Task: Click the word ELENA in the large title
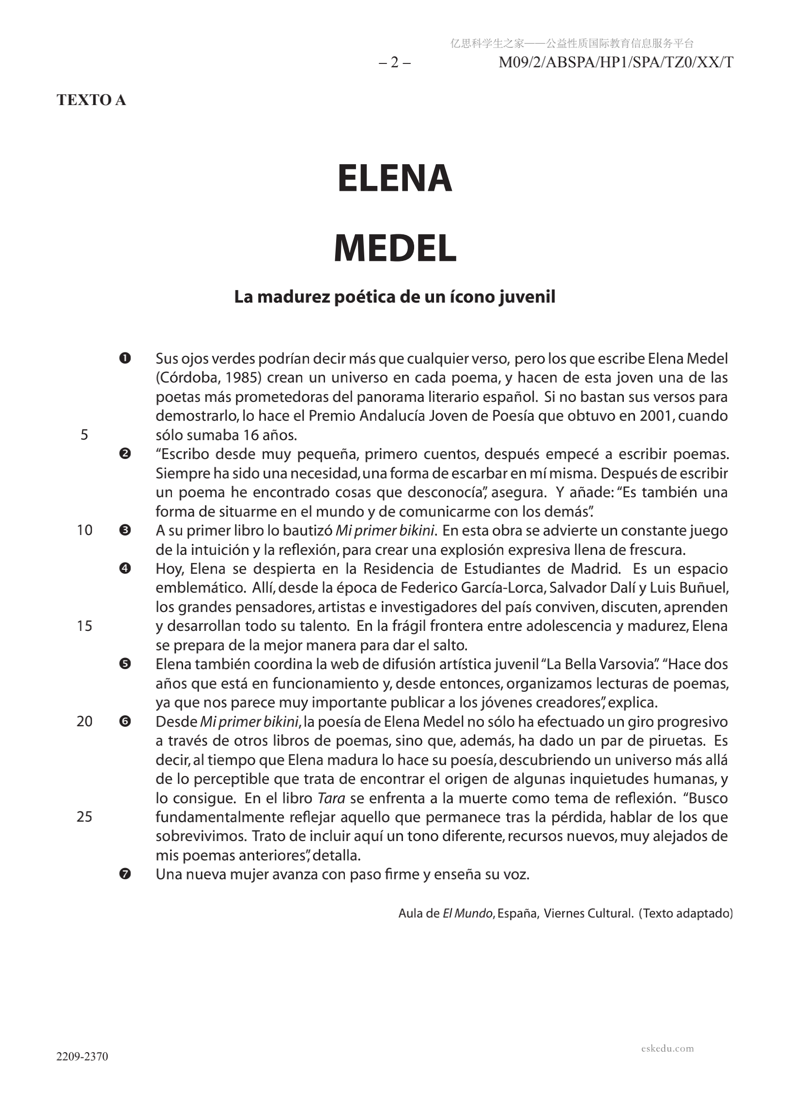coord(394,179)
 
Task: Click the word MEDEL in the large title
coord(395,248)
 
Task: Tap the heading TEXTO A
coord(92,100)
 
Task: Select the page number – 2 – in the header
coord(394,63)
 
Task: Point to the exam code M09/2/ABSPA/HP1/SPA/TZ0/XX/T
coord(616,63)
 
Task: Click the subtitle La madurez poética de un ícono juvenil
coord(394,297)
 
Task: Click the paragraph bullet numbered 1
coord(124,359)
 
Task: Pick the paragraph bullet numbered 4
coord(124,568)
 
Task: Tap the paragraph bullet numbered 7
coord(124,874)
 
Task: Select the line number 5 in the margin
coord(84,434)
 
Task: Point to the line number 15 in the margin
coord(84,626)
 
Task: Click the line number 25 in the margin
coord(84,817)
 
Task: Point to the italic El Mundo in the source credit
coord(467,914)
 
